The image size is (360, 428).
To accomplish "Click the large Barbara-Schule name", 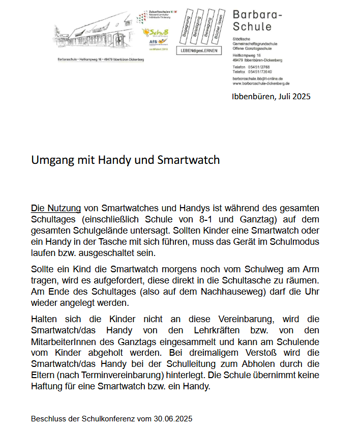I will pos(257,21).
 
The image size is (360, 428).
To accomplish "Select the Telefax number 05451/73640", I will pos(264,72).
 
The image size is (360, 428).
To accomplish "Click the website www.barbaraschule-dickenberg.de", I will pos(261,83).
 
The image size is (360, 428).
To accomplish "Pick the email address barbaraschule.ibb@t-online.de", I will pos(257,79).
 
